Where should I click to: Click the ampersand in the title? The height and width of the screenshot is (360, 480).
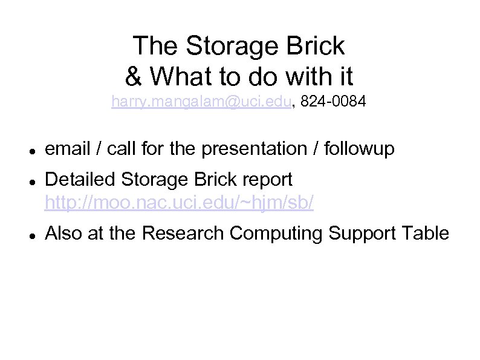(133, 76)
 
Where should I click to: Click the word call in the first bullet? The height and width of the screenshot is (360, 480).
(120, 148)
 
